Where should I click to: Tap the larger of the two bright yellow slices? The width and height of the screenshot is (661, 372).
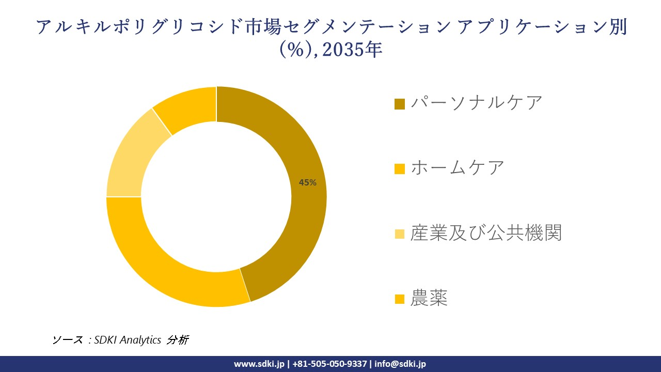170,269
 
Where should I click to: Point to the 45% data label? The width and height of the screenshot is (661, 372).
308,182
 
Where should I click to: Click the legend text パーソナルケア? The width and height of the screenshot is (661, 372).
476,102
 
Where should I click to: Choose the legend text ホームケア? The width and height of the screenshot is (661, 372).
457,167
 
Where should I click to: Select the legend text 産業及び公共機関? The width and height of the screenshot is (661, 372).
485,233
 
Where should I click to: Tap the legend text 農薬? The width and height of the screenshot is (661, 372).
429,298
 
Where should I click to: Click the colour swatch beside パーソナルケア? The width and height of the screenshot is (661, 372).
400,104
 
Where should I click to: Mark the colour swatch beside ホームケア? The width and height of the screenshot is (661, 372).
400,169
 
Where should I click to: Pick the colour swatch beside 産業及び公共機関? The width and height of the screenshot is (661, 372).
400,234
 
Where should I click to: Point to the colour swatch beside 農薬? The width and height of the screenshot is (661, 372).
400,299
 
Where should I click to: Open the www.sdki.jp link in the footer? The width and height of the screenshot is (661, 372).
259,364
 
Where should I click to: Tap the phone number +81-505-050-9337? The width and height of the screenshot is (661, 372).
330,364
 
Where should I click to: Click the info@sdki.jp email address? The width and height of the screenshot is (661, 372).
400,364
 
